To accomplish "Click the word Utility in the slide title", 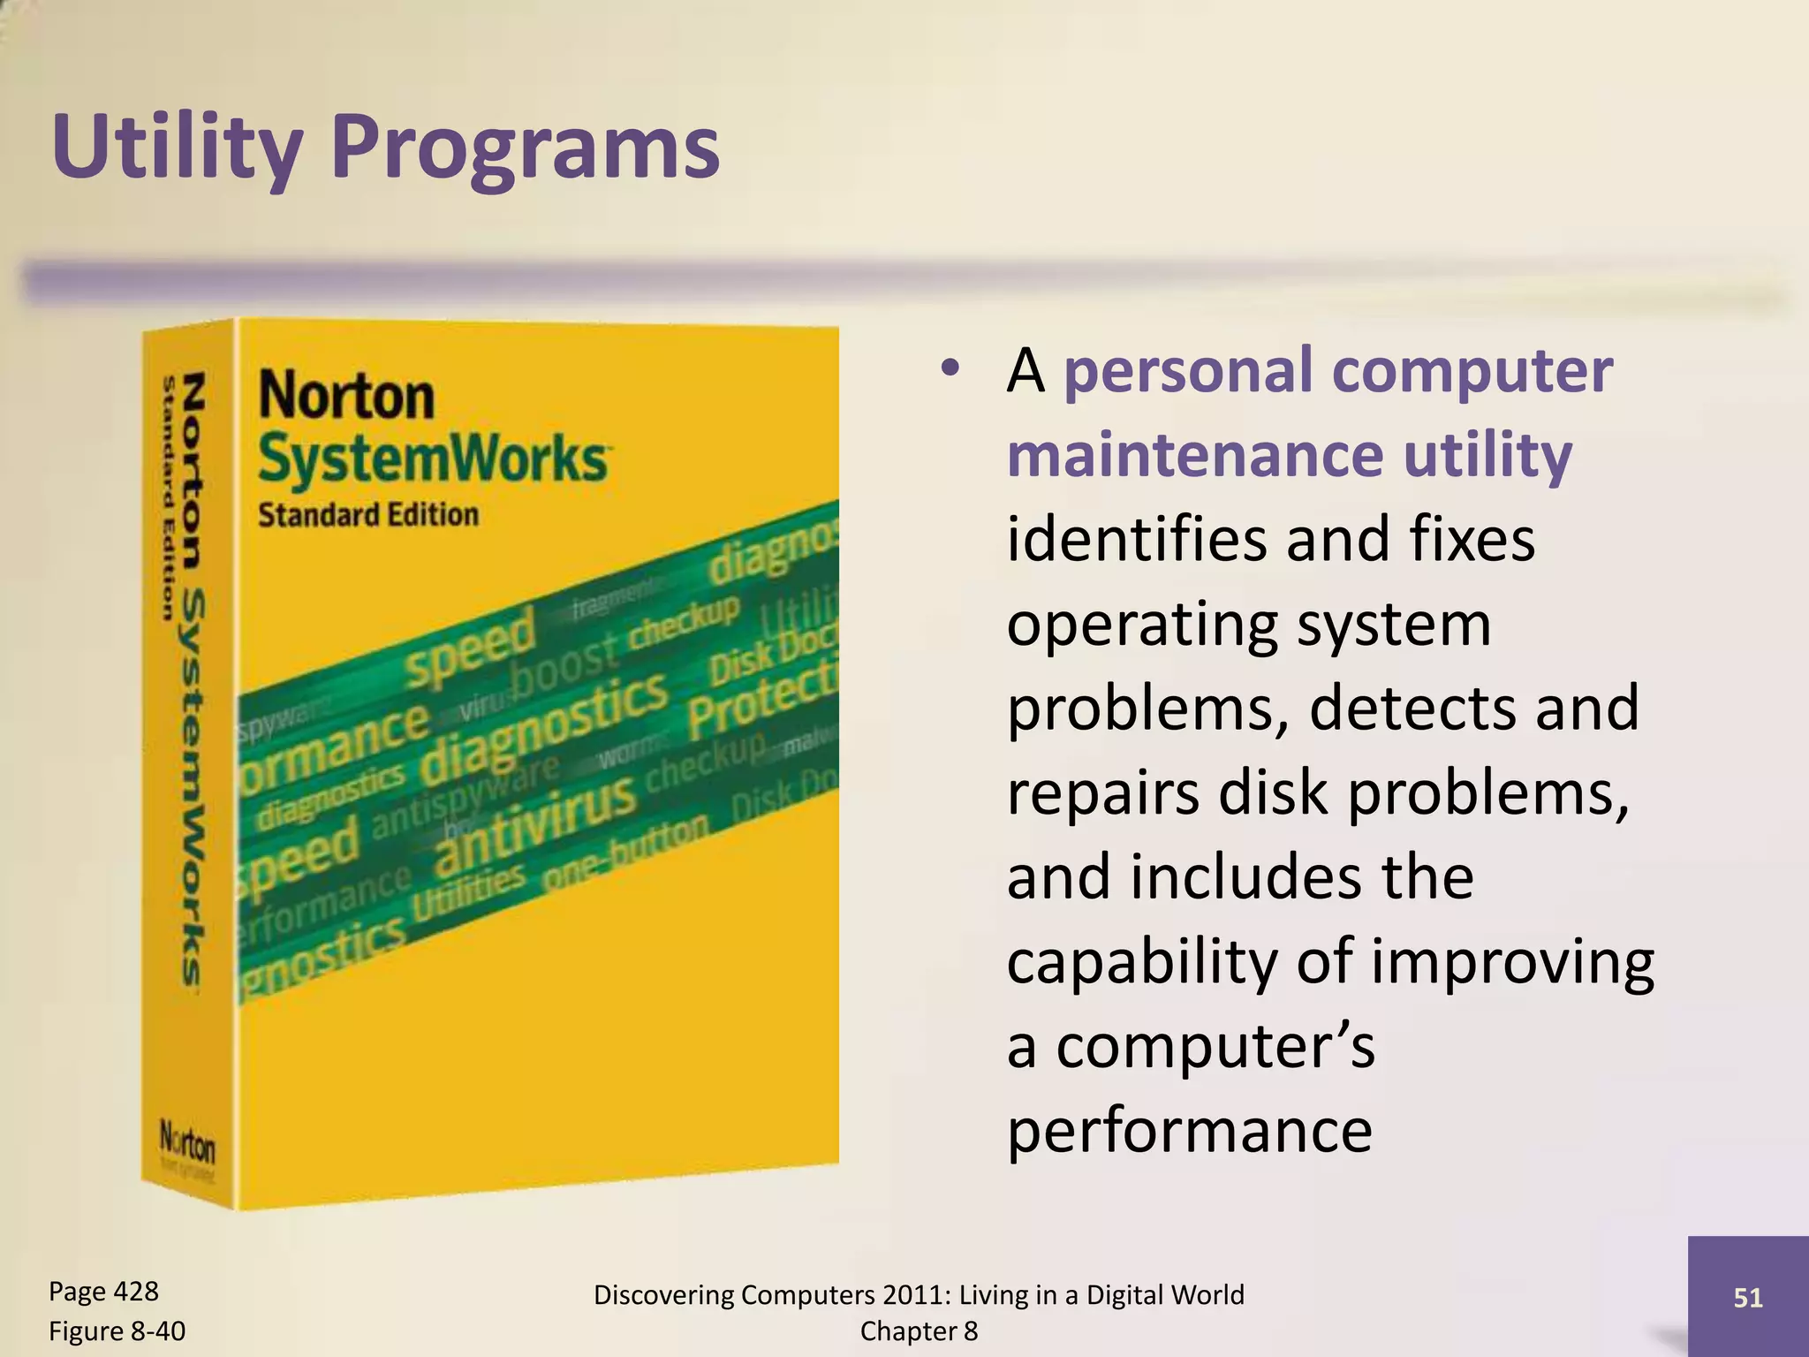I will [177, 148].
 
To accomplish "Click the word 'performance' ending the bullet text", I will [1189, 1131].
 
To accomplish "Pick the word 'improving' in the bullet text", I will [1511, 962].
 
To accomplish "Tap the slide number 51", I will [1748, 1297].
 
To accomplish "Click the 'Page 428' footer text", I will [103, 1292].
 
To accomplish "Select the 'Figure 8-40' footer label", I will [117, 1330].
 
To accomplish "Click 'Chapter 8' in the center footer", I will [919, 1330].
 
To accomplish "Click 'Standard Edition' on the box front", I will [367, 515].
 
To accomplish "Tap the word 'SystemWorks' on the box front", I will [433, 459].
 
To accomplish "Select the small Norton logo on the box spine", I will [187, 1146].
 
